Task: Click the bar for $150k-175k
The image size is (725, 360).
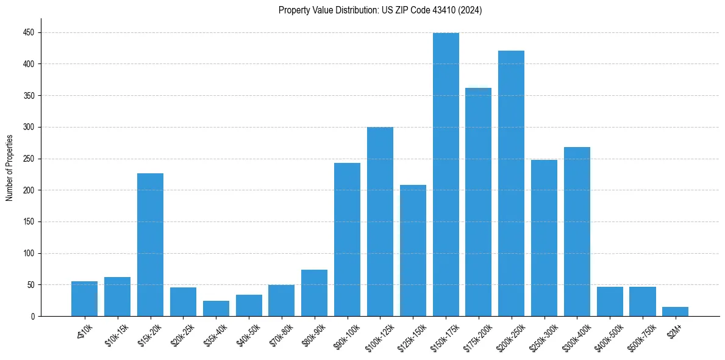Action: (x=446, y=175)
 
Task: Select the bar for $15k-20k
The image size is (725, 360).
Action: (x=150, y=245)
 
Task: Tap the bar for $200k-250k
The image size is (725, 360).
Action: (x=511, y=184)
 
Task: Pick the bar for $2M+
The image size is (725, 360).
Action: (x=675, y=312)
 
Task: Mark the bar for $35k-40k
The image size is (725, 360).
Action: (x=216, y=309)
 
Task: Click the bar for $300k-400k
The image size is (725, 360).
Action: (x=577, y=232)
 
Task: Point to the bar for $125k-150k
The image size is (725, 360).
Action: (x=413, y=251)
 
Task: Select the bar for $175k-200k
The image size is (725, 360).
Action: (x=478, y=202)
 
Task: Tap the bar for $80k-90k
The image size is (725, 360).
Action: (x=314, y=293)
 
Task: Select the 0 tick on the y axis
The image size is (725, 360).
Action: (x=32, y=316)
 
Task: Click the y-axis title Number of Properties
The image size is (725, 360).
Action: (x=9, y=168)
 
